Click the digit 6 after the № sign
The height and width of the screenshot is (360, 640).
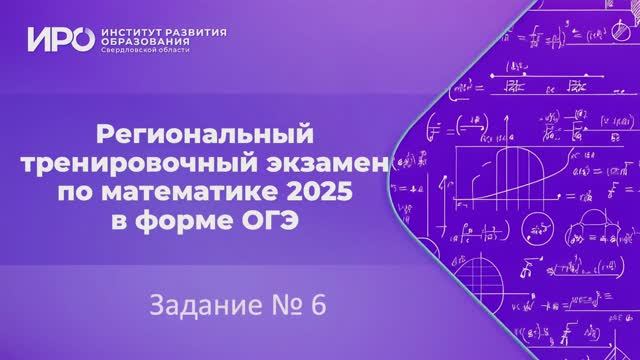coord(318,304)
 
